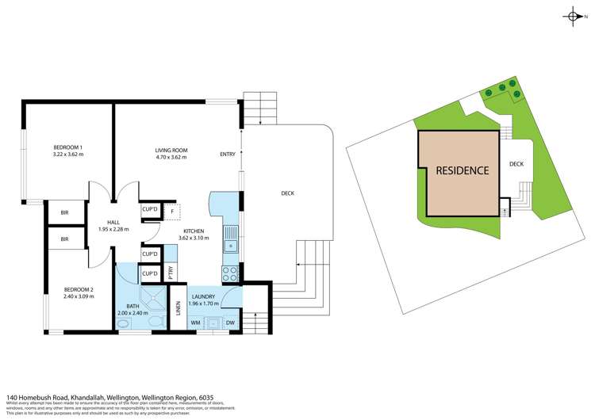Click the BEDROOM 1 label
pyautogui.click(x=68, y=147)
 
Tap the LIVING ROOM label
pyautogui.click(x=170, y=147)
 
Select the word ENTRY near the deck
pyautogui.click(x=228, y=154)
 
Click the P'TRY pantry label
pyautogui.click(x=170, y=273)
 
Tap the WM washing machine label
pyautogui.click(x=195, y=323)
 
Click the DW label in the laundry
pyautogui.click(x=230, y=323)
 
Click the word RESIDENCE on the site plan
pyautogui.click(x=463, y=170)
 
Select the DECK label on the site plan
pyautogui.click(x=516, y=164)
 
